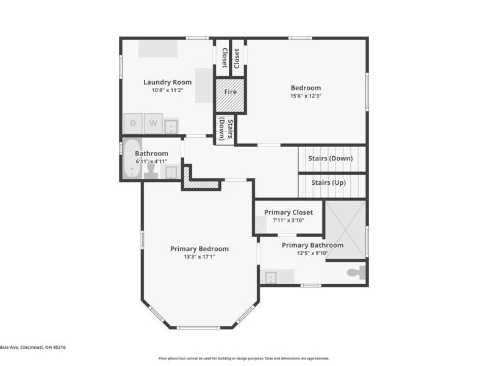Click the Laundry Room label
tap(167, 82)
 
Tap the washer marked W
tap(154, 123)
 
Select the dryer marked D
tap(133, 123)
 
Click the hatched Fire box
tap(230, 95)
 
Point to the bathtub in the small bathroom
tap(132, 160)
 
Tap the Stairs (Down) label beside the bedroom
tap(330, 159)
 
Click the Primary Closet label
tap(288, 212)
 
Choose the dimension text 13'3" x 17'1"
tap(199, 257)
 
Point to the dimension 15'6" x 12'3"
tap(305, 96)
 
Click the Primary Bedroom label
tap(199, 248)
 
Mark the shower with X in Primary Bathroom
tap(345, 230)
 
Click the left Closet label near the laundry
tap(224, 57)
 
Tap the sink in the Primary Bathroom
tap(271, 278)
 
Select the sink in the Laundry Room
tap(171, 126)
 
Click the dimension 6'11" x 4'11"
tap(151, 161)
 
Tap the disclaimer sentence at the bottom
tap(244, 359)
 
